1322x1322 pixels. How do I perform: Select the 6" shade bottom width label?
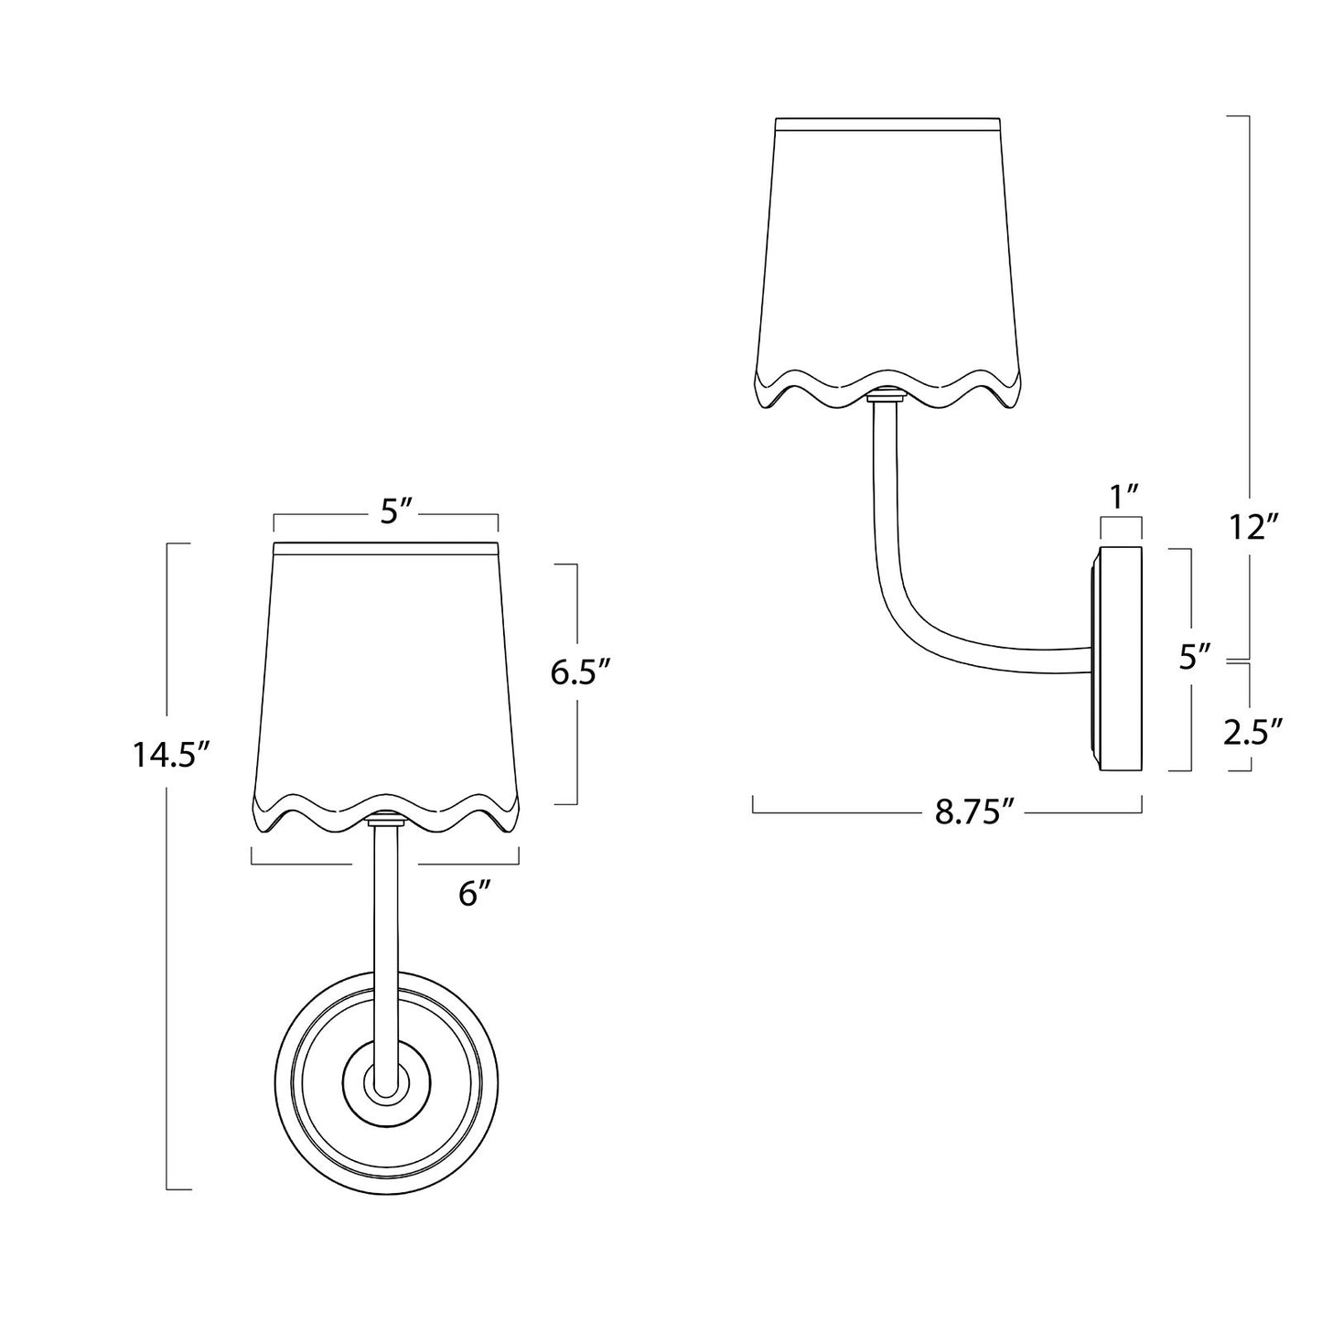(469, 894)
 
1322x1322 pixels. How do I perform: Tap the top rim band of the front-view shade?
(385, 548)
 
